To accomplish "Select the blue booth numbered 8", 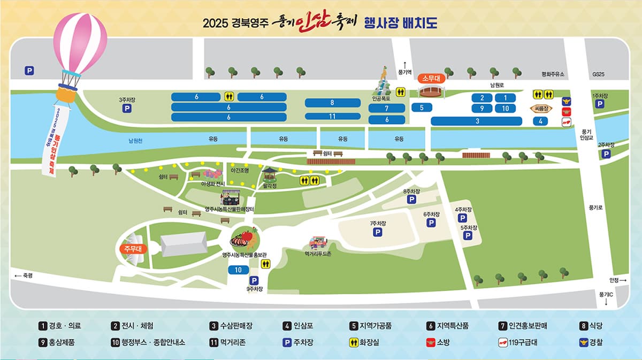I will coord(332,103).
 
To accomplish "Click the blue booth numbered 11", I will coord(332,116).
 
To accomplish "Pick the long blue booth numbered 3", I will coord(477,121).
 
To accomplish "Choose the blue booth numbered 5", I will coord(422,108).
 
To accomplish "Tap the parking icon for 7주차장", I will coord(378,232).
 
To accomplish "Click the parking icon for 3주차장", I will coord(127,109).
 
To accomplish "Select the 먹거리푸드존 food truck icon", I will coord(318,244).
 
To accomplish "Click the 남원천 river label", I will coord(135,141).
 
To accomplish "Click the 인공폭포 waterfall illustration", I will coord(384,83).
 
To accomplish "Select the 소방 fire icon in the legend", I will coord(429,342).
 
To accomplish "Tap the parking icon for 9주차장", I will coord(254,280).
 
